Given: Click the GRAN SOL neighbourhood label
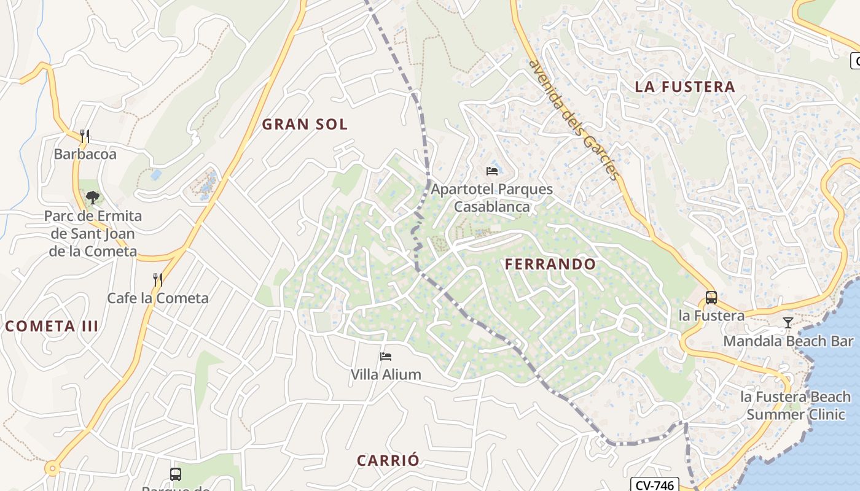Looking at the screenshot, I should [305, 125].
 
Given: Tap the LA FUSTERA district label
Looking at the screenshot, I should [685, 87].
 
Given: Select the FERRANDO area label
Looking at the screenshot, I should [550, 265].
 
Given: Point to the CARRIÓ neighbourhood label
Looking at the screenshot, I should [388, 460].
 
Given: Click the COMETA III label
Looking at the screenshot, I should [52, 326].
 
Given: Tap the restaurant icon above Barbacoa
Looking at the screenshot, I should [85, 135].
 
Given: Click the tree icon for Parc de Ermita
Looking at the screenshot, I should [93, 197].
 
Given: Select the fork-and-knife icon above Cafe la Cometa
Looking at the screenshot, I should [158, 280].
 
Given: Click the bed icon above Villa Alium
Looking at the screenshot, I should [386, 356].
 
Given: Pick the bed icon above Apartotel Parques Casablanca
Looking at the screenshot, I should [491, 171].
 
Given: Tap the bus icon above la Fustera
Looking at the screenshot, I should [711, 298].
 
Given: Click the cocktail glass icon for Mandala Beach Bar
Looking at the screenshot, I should [788, 322].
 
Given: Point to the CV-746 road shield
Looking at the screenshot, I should [654, 485].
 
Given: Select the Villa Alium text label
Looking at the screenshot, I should [386, 374].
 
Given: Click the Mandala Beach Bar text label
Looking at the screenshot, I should [788, 341].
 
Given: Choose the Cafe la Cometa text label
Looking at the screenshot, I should [158, 298].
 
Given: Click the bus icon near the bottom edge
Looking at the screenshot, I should [176, 474].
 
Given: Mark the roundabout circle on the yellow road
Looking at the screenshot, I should [53, 469].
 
